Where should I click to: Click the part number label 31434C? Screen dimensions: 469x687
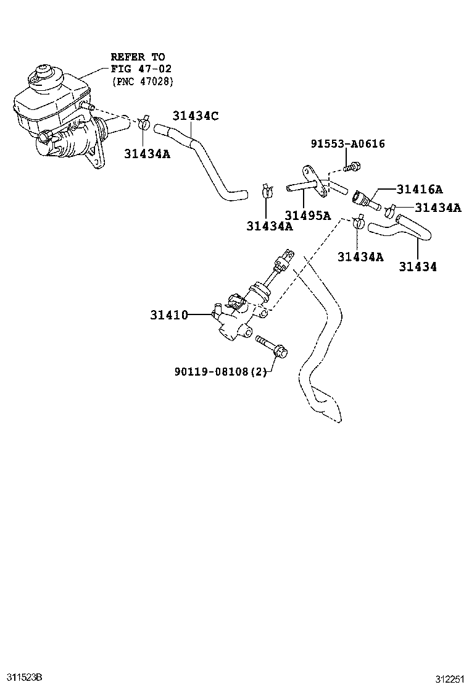point(195,116)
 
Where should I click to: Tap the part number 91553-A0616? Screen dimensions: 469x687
point(348,144)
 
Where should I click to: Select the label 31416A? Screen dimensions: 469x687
point(420,189)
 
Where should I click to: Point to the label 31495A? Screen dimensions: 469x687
point(307,215)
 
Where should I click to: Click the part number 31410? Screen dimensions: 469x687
point(169,314)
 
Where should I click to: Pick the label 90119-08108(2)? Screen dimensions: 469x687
point(220,371)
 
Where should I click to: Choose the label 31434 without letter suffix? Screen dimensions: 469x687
point(417,266)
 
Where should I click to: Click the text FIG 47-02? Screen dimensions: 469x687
point(141,69)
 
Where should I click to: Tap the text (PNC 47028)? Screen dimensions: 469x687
point(143,81)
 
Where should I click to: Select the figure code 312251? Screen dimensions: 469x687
point(449,679)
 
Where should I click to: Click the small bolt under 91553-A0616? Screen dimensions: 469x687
point(351,167)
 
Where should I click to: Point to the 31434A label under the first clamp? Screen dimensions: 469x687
point(147,154)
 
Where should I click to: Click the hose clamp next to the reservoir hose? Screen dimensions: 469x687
point(144,123)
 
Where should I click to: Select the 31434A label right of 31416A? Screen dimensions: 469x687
point(438,207)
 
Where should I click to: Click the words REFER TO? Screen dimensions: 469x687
point(138,57)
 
